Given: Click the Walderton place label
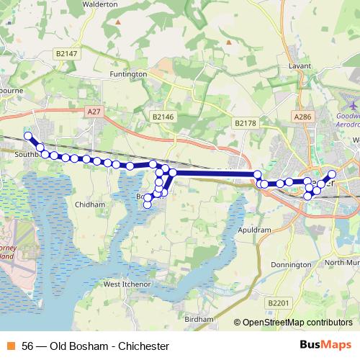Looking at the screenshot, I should click(101, 4).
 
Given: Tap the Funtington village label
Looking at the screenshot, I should click(128, 74).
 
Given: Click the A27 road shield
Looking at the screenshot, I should click(93, 112).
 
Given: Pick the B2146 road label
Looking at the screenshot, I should click(163, 115).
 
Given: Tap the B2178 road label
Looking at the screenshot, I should click(246, 124).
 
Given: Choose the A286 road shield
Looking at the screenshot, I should click(303, 116).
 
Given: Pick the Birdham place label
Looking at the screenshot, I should click(199, 318).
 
